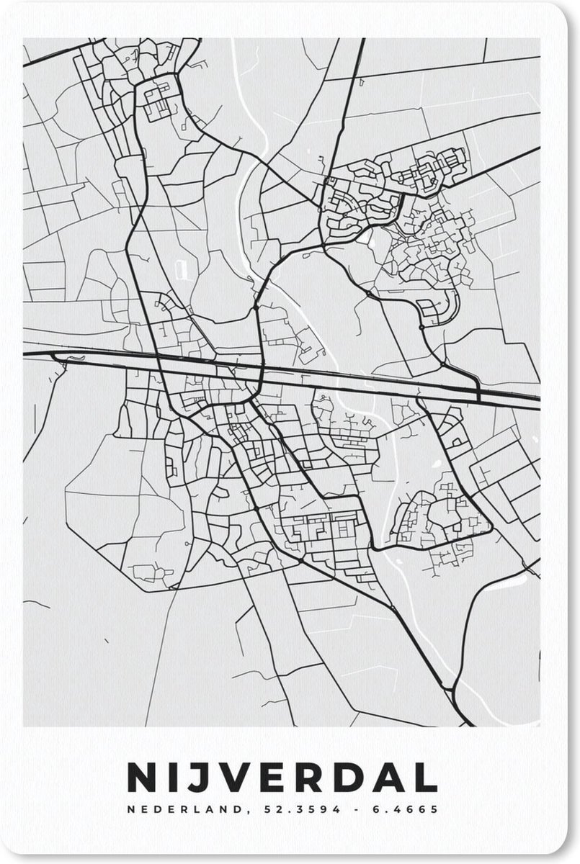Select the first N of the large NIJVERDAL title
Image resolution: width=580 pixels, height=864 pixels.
[142, 778]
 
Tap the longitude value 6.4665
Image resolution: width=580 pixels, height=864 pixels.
[405, 809]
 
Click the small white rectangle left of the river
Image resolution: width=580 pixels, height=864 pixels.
[180, 269]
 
